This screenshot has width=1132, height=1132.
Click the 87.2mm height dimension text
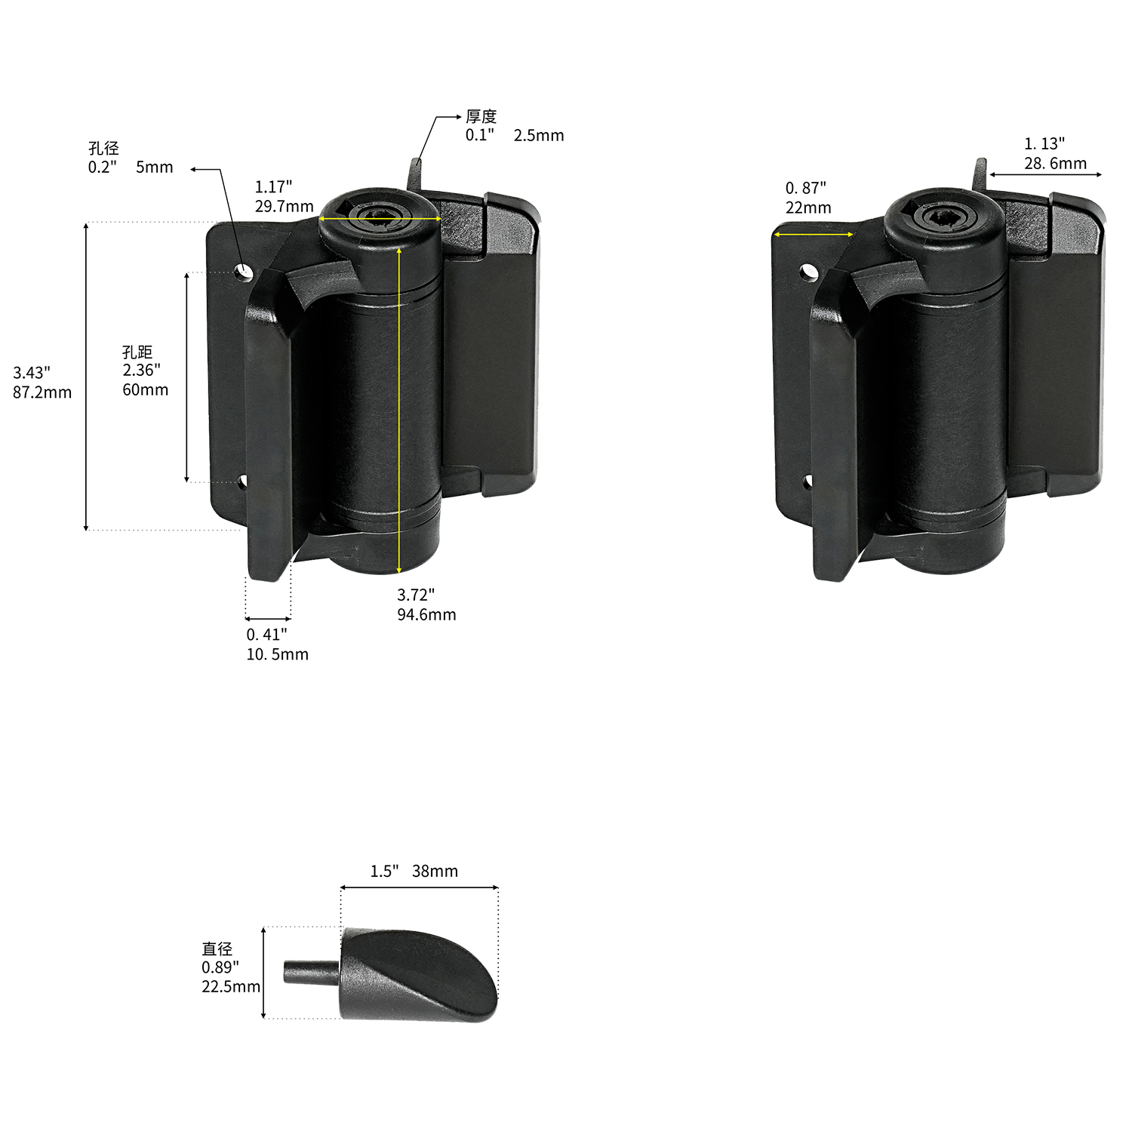click(x=42, y=392)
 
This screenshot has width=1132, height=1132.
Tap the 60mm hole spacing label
click(x=146, y=390)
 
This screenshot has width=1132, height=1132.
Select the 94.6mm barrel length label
click(x=426, y=615)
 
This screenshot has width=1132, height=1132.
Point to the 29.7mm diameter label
click(x=285, y=207)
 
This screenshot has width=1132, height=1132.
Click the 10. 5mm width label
click(x=278, y=654)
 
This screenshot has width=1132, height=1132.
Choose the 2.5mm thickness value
click(x=539, y=136)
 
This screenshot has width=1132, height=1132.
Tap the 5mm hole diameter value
click(x=155, y=168)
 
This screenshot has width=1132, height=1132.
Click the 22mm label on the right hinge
click(x=808, y=208)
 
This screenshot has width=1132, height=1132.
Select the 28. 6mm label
click(x=1056, y=164)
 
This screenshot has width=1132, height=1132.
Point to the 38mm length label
click(x=435, y=872)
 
